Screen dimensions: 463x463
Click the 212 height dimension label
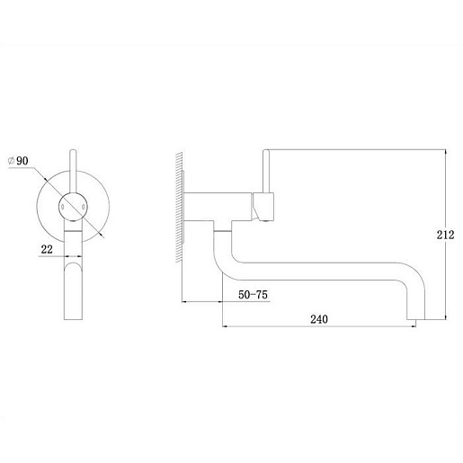[x=445, y=235]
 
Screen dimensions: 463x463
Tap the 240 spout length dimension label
[x=319, y=319]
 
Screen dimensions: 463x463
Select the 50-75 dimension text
[x=253, y=295]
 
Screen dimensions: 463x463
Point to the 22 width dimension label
[x=47, y=249]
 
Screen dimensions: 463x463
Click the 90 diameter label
[x=22, y=161]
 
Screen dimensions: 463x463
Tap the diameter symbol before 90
[x=11, y=161]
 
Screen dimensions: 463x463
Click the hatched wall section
[x=179, y=207]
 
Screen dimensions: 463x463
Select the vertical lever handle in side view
[x=266, y=171]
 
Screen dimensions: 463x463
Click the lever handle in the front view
[x=73, y=173]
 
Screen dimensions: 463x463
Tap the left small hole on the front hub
[x=63, y=207]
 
